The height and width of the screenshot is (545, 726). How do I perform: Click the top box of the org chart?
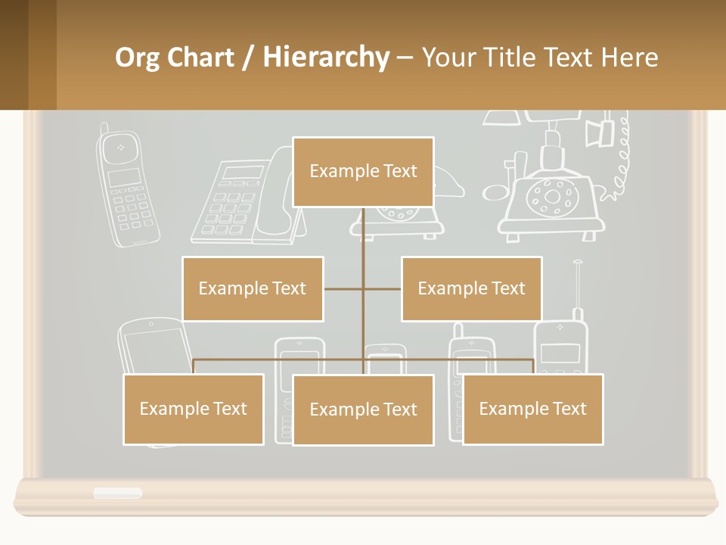click(363, 172)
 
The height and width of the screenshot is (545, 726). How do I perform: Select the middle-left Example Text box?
click(253, 288)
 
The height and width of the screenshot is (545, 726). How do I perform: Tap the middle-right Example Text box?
click(471, 288)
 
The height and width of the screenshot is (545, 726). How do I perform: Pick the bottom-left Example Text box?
click(194, 409)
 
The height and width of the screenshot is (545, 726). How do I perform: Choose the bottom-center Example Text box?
click(363, 410)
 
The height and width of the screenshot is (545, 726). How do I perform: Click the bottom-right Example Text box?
click(532, 409)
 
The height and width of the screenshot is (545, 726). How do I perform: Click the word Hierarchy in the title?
click(326, 58)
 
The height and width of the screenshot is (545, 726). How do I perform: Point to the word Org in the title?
click(138, 58)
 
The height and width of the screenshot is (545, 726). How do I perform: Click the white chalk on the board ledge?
click(118, 494)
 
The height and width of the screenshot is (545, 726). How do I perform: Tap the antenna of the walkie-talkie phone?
click(578, 288)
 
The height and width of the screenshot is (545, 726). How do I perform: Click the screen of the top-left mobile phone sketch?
click(123, 178)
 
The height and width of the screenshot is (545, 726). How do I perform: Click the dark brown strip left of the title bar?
click(14, 54)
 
